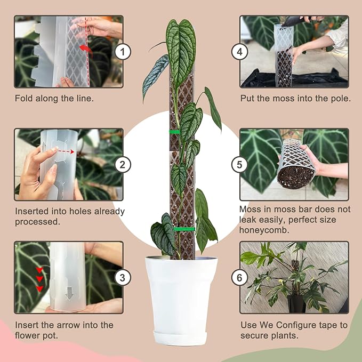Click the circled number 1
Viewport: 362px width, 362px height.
point(123,52)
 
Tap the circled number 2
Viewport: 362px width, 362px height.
point(123,164)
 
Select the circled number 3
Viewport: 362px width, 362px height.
point(123,277)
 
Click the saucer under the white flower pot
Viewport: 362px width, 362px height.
point(181,337)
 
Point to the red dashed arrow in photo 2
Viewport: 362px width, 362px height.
point(65,151)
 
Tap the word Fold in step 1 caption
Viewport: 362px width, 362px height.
point(23,99)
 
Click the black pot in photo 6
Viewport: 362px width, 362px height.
point(296,304)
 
